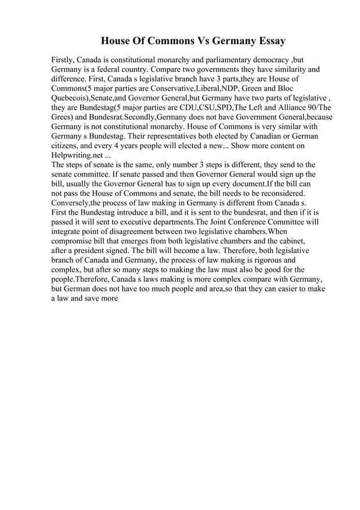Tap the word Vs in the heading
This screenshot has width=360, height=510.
(x=187, y=41)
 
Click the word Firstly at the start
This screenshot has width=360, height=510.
(x=62, y=60)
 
